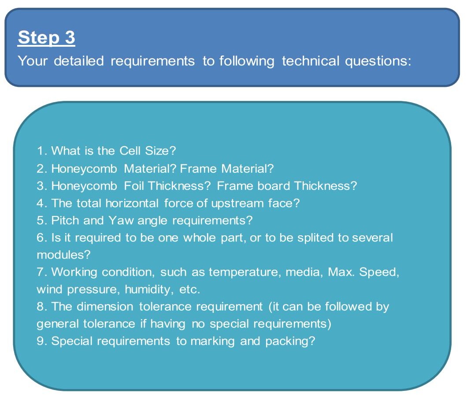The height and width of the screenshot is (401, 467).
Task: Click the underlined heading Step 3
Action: [46, 37]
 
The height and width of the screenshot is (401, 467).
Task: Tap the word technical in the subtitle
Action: [311, 61]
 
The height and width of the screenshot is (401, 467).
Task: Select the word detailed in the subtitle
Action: [78, 61]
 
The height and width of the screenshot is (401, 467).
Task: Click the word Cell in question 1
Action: [130, 151]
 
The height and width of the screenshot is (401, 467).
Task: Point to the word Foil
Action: [135, 186]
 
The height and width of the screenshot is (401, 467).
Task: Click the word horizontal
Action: [132, 203]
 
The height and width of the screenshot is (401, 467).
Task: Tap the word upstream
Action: [237, 203]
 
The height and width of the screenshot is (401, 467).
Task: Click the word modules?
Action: [63, 255]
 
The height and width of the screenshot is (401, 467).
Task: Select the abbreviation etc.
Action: [190, 290]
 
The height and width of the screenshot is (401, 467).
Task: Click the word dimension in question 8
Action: [105, 307]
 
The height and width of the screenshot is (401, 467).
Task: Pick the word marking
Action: [212, 342]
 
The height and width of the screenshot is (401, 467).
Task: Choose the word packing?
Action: [290, 342]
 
